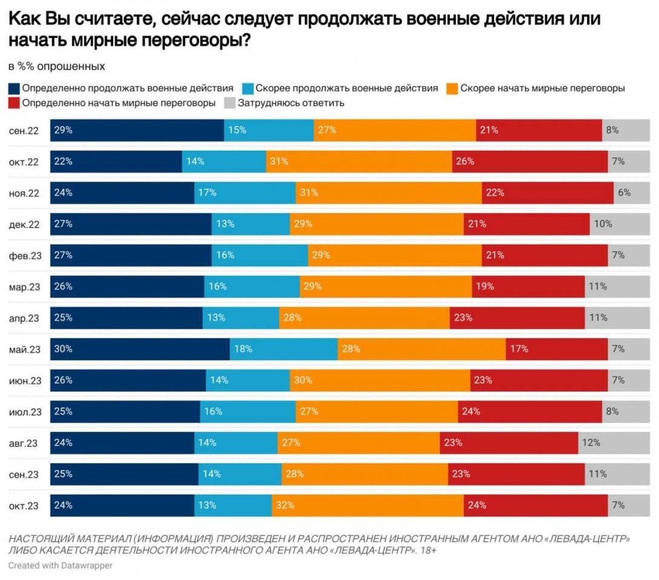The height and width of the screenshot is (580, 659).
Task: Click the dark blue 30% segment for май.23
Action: pyautogui.click(x=140, y=349)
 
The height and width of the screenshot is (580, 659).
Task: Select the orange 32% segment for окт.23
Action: pyautogui.click(x=368, y=506)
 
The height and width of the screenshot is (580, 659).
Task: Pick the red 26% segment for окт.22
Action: pyautogui.click(x=530, y=161)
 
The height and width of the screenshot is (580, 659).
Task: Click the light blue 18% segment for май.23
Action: pyautogui.click(x=283, y=349)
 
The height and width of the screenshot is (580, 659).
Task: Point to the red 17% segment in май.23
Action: pyautogui.click(x=557, y=349)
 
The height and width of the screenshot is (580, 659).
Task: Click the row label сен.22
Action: pyautogui.click(x=24, y=130)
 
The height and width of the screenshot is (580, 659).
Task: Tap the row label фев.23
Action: pyautogui.click(x=25, y=255)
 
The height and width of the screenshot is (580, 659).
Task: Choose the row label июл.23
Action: pyautogui.click(x=25, y=412)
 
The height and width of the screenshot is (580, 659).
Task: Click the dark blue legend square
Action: pyautogui.click(x=14, y=88)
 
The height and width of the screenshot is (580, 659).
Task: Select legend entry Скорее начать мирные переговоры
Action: pyautogui.click(x=542, y=88)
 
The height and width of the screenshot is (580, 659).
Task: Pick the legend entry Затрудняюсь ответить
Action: pyautogui.click(x=291, y=103)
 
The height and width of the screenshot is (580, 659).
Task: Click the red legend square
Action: pyautogui.click(x=14, y=103)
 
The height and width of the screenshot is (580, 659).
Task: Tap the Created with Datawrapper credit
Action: pyautogui.click(x=61, y=565)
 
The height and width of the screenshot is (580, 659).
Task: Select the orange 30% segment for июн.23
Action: pyautogui.click(x=380, y=380)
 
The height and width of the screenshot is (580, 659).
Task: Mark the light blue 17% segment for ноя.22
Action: pyautogui.click(x=245, y=193)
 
